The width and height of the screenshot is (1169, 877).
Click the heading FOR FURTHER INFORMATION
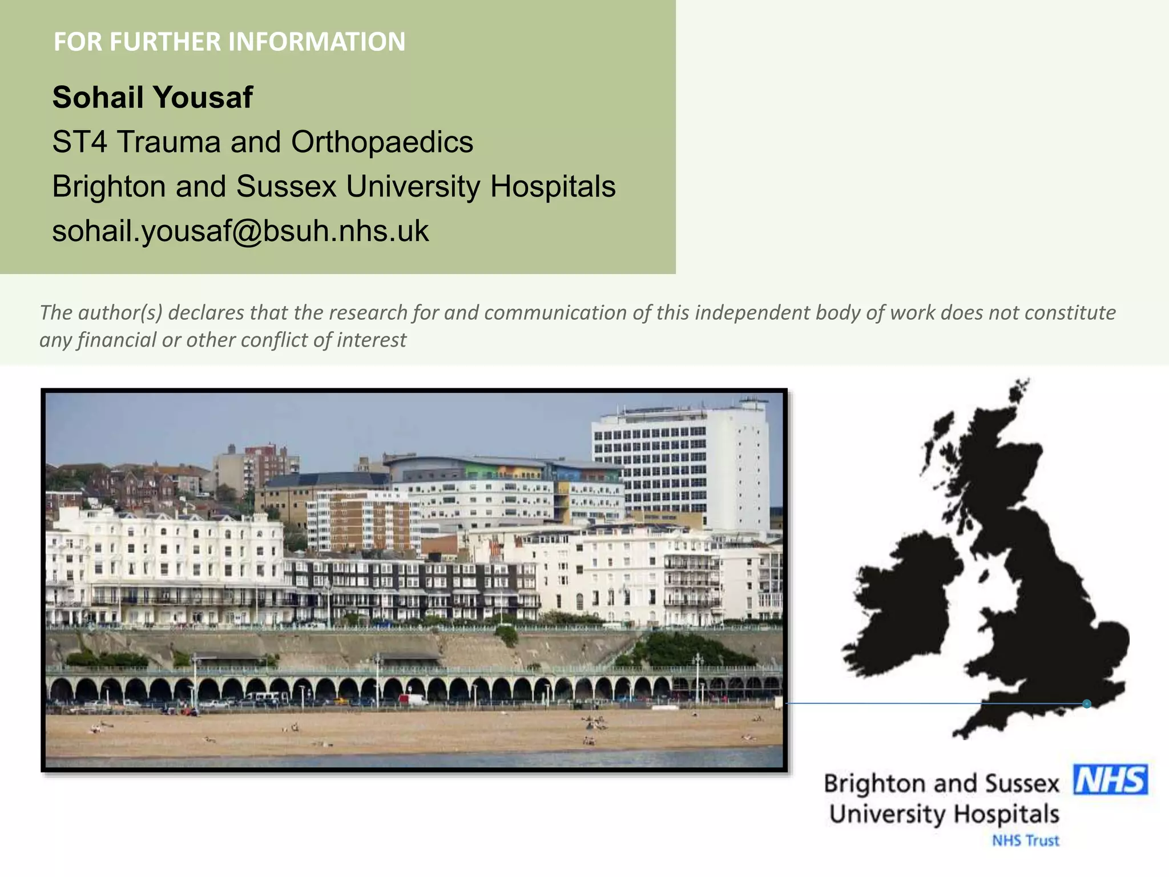pos(229,42)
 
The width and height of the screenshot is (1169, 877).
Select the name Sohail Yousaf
pos(152,97)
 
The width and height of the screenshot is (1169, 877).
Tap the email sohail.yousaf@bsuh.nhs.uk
pos(240,231)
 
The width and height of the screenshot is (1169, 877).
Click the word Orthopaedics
pos(382,142)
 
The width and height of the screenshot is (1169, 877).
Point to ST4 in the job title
pos(79,142)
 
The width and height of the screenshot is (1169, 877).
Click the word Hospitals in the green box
pos(553,186)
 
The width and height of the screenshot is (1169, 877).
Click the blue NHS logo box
pos(1110,780)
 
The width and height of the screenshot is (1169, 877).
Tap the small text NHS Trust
pos(1025,840)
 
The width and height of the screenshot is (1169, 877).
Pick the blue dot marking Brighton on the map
pos(1087,704)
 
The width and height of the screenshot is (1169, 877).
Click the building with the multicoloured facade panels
pos(502,471)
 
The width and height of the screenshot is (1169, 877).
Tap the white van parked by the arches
pos(413,699)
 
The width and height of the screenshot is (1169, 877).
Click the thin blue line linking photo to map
pos(885,703)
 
